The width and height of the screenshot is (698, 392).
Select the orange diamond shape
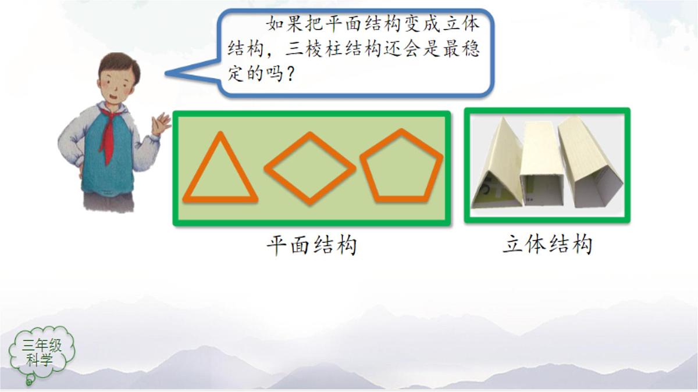click(x=309, y=168)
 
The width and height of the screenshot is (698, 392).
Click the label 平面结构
click(x=311, y=246)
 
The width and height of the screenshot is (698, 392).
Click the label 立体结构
click(x=547, y=244)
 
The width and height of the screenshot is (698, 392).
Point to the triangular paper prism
click(x=499, y=166)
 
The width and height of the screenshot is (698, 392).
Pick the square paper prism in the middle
click(x=542, y=166)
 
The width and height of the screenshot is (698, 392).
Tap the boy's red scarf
click(x=108, y=134)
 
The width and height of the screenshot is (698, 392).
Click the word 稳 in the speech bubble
click(x=471, y=50)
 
